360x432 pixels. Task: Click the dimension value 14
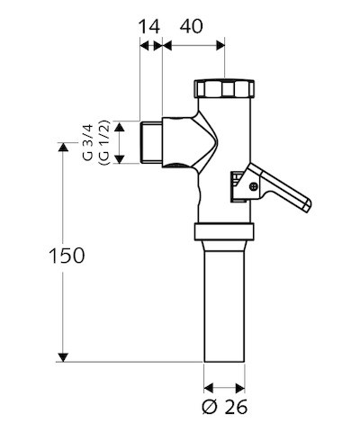click(149, 26)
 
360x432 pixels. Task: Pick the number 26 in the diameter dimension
click(236, 407)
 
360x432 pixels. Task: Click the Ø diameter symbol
click(209, 407)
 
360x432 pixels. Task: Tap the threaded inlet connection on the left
click(152, 143)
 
